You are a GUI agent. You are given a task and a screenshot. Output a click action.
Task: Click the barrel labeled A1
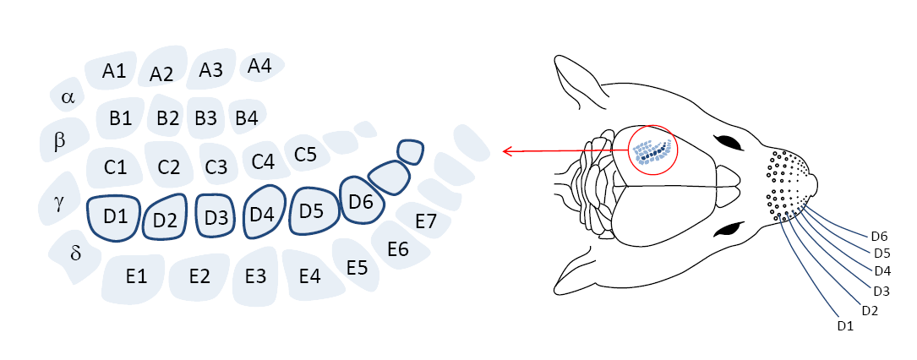coord(114,72)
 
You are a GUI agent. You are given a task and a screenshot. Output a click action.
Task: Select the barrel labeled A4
coord(260,66)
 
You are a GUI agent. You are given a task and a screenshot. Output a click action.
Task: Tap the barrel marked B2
coord(167,118)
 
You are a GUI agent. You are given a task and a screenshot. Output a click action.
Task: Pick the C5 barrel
coord(305,155)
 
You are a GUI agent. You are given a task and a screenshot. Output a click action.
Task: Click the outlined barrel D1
coord(114,216)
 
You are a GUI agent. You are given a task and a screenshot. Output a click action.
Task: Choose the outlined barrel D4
coord(263,215)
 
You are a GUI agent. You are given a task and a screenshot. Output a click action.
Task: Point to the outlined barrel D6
coord(361,201)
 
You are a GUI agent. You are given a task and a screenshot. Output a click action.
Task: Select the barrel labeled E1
coord(137,276)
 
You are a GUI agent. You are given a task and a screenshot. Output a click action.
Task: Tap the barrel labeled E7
coord(427,222)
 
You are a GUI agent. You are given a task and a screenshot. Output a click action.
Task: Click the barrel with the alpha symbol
coord(68,98)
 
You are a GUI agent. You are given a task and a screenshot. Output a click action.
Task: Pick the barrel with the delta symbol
coord(75,254)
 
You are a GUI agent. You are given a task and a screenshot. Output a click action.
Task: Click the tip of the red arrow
coord(505,152)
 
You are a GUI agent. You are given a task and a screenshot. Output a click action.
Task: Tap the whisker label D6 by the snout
coord(881,236)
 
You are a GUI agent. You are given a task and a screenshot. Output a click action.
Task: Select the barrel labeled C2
coord(169,166)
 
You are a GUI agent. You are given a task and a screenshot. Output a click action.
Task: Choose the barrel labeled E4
coord(310,276)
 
